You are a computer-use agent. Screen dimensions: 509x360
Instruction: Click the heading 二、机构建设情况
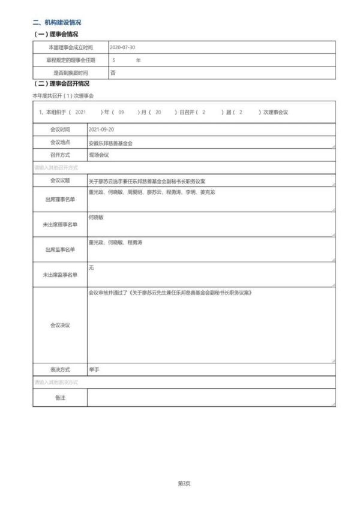[57, 22]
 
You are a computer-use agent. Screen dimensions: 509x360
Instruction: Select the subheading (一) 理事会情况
[56, 34]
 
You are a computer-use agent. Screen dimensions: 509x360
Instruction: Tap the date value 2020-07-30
[124, 47]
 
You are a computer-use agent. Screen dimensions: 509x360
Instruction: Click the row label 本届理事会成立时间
[70, 47]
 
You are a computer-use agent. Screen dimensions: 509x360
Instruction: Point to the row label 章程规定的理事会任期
[70, 60]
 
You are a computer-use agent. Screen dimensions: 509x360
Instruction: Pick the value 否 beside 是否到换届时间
[113, 73]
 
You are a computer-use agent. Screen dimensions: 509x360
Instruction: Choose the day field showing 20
[158, 112]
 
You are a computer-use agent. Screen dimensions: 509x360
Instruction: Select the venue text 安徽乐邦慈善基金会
[110, 144]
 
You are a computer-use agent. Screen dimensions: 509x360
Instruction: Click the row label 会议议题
[60, 180]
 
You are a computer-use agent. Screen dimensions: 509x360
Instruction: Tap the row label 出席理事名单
[60, 199]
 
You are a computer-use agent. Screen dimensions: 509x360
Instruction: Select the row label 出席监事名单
[60, 249]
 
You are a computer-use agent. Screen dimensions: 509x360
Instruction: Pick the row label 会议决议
[60, 325]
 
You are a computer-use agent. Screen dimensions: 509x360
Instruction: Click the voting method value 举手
[94, 369]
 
